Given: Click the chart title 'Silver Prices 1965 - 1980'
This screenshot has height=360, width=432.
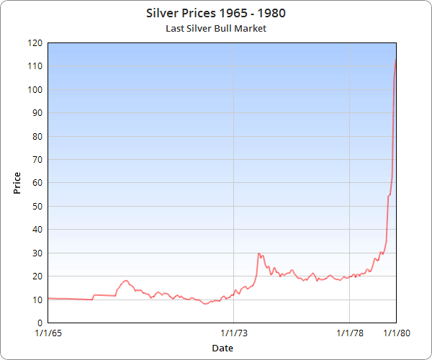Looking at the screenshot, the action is (x=216, y=13).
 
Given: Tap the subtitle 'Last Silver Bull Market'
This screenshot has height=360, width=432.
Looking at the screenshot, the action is (x=216, y=29).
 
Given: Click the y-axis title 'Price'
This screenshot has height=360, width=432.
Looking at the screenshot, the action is (x=17, y=183).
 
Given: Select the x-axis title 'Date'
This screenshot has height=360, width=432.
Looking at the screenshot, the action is (x=222, y=348).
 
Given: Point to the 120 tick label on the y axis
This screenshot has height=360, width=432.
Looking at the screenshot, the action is (x=35, y=43).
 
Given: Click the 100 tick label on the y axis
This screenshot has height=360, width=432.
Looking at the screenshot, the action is (x=35, y=89).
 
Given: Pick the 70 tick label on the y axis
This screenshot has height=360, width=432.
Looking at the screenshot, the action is (x=37, y=159).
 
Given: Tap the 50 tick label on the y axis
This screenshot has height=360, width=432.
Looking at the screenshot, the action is (x=37, y=206).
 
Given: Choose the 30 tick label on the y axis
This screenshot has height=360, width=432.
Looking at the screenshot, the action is (x=37, y=253).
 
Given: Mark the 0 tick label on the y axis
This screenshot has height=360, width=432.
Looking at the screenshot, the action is (x=40, y=323).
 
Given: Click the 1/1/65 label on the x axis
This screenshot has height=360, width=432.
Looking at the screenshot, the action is (x=48, y=333).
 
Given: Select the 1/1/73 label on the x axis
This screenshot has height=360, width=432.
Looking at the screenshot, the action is (x=234, y=333).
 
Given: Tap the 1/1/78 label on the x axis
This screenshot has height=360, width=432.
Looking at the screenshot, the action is (x=350, y=333).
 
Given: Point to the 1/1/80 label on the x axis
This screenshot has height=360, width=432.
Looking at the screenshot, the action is (x=397, y=333).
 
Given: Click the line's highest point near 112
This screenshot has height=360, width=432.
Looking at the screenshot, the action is (x=396, y=60).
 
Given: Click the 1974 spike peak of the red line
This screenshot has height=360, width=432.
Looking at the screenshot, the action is (x=258, y=253).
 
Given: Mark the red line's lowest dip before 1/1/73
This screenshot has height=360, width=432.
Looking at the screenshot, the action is (x=205, y=304).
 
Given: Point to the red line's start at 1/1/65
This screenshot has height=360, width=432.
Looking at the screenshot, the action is (x=48, y=298).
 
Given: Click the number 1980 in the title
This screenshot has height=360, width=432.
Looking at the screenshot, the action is (x=271, y=13).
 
